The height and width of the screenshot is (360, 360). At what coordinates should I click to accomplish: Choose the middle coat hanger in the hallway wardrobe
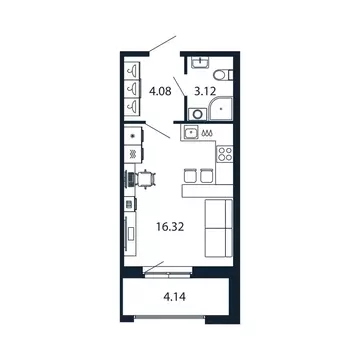coord(133,89)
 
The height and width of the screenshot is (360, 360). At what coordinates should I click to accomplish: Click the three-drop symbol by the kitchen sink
coord(206,130)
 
